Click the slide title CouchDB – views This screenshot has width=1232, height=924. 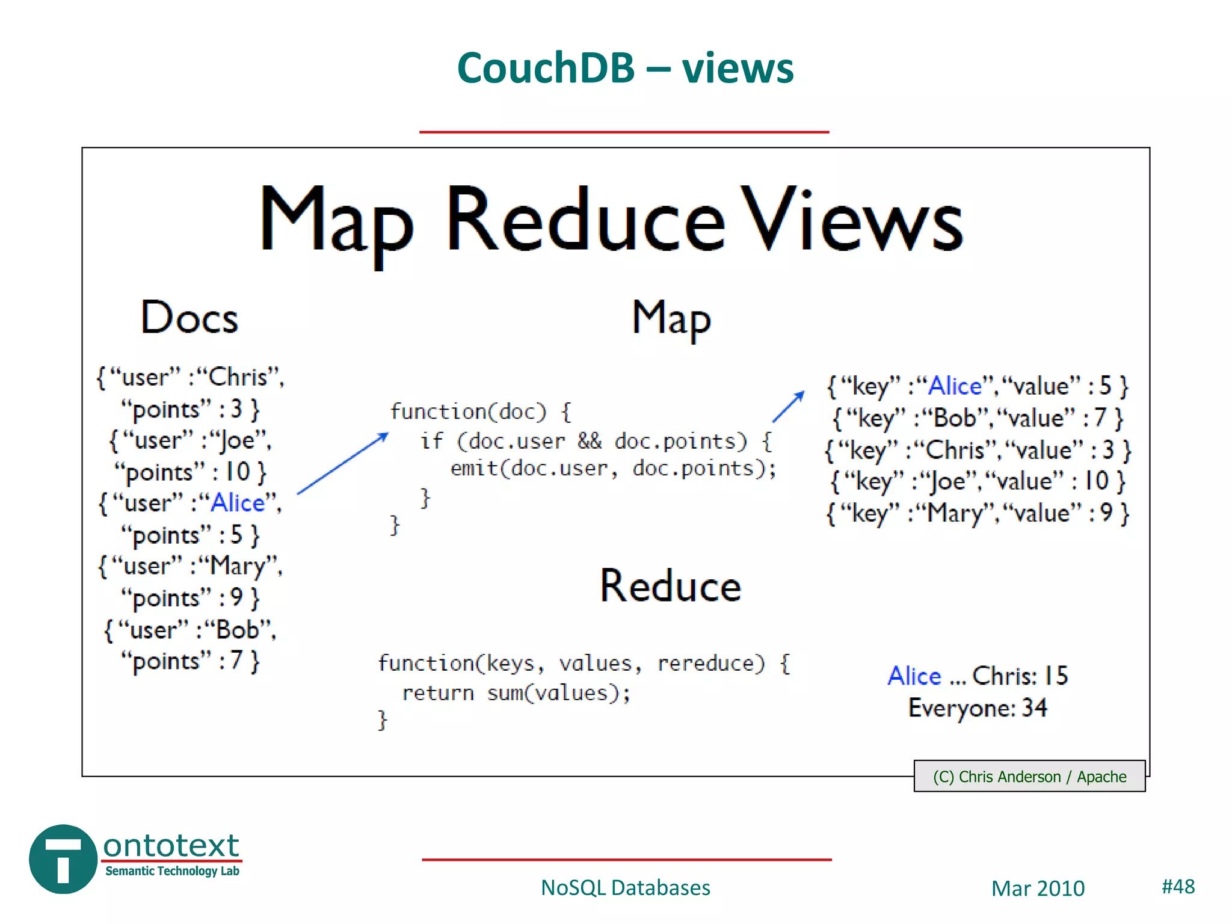(x=625, y=67)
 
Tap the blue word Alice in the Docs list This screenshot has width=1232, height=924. (x=238, y=503)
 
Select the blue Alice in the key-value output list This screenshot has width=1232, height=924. (x=955, y=386)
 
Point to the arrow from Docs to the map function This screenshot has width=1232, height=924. (x=342, y=463)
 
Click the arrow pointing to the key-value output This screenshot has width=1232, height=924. (x=788, y=407)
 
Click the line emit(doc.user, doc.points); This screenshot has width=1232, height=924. (x=613, y=468)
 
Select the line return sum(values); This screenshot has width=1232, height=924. (x=516, y=693)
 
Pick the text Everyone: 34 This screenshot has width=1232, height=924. (x=978, y=708)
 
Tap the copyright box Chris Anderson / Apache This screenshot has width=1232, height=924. (x=1029, y=777)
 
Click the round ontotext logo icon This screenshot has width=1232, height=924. (x=63, y=859)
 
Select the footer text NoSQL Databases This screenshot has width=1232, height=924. (x=625, y=888)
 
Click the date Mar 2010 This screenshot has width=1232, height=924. (x=1038, y=889)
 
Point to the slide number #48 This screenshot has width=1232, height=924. (x=1178, y=886)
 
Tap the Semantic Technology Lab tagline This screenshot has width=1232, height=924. (x=172, y=871)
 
